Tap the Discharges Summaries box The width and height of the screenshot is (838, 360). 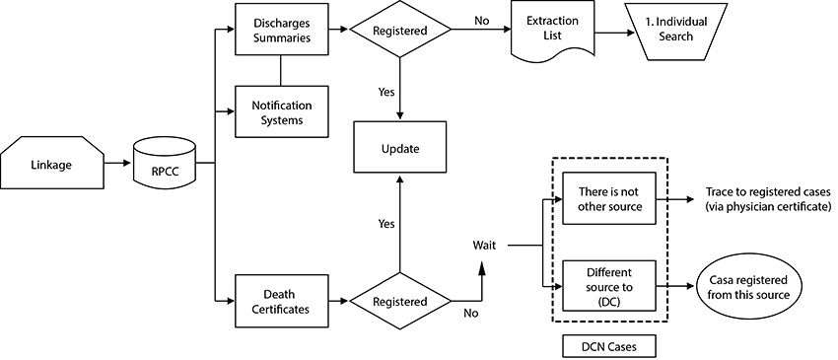coord(282,31)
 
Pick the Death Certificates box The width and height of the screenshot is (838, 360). coord(282,300)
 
